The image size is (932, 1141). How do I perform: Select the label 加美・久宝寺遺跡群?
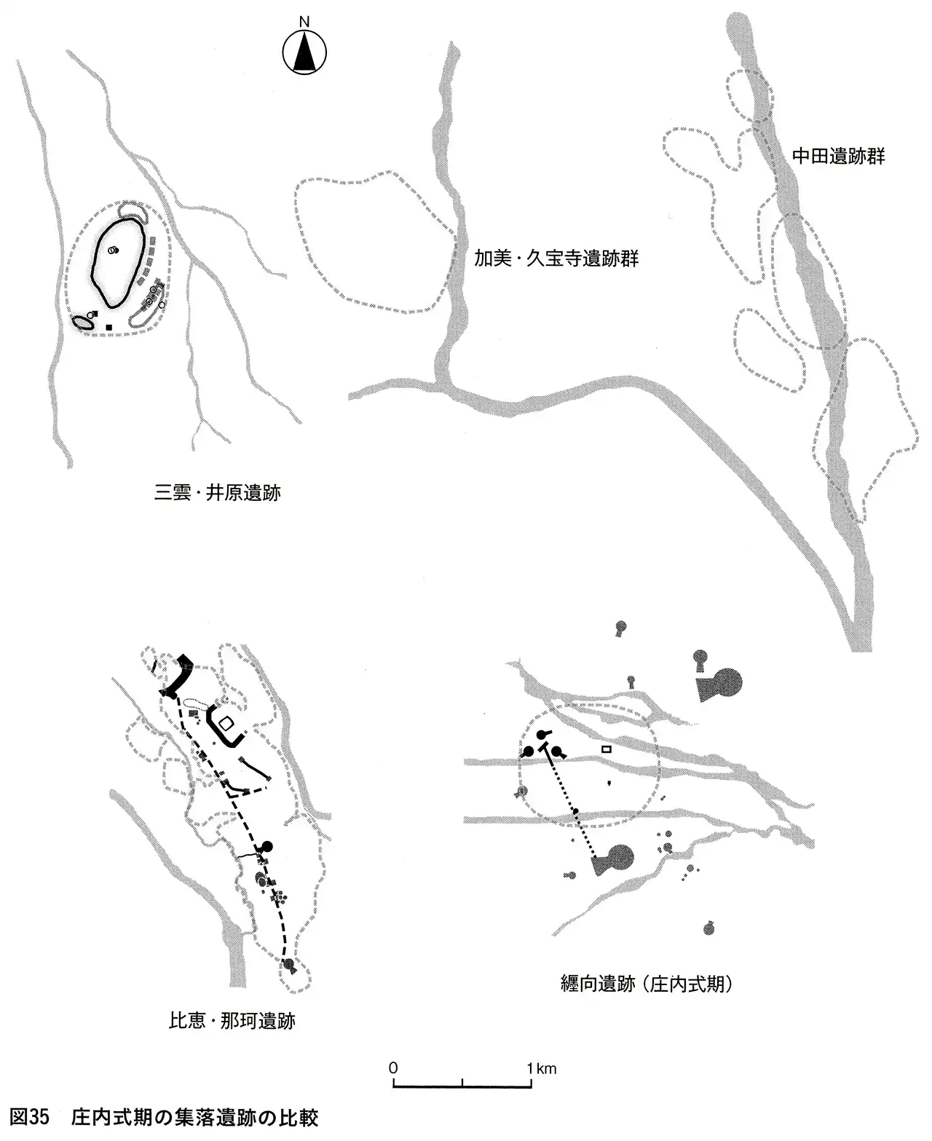click(556, 258)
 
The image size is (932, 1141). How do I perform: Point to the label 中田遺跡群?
click(838, 157)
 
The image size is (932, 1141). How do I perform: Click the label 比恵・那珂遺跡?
click(232, 1020)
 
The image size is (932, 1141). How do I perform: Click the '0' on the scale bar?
click(393, 1069)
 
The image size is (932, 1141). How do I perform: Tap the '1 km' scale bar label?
click(542, 1069)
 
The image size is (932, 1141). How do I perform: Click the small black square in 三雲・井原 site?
click(108, 327)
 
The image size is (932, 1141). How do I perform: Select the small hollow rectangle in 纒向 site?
click(605, 749)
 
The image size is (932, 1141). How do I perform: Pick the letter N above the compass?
click(304, 22)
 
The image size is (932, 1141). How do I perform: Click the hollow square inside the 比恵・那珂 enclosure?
click(226, 723)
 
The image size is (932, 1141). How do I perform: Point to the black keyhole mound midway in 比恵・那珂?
click(266, 847)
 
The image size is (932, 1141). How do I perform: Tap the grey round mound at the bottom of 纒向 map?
click(708, 928)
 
